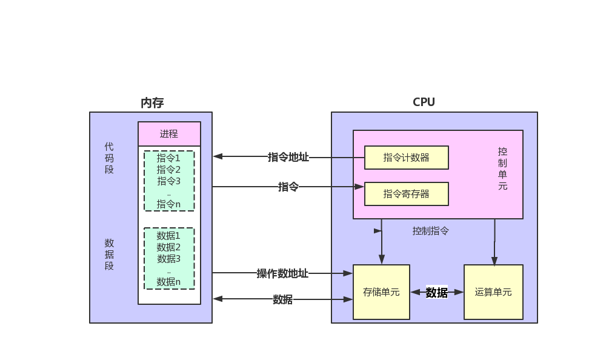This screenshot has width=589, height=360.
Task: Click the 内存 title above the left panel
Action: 152,103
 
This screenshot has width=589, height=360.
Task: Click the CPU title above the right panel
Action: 424,102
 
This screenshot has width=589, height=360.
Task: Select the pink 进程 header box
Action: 169,134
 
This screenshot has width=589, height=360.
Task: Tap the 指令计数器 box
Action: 406,158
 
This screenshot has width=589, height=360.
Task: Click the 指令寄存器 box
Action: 406,194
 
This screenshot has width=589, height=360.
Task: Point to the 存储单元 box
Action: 381,292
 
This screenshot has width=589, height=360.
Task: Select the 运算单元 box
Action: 493,292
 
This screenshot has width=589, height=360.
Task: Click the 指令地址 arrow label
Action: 288,157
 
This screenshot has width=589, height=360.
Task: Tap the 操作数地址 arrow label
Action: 282,273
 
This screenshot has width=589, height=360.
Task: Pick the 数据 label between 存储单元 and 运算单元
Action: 436,293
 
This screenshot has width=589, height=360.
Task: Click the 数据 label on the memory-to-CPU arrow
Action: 282,299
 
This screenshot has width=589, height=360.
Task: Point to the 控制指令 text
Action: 431,231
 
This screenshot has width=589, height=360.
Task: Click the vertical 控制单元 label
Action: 502,168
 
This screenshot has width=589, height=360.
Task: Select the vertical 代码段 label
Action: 109,158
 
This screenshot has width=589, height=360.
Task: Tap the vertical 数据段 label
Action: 109,254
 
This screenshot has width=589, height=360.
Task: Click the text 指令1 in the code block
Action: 168,158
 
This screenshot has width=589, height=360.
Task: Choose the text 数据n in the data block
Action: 168,282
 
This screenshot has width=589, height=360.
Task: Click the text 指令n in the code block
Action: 168,204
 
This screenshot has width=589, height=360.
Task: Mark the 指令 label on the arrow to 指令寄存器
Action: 288,187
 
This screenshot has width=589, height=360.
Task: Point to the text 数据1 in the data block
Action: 168,236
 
